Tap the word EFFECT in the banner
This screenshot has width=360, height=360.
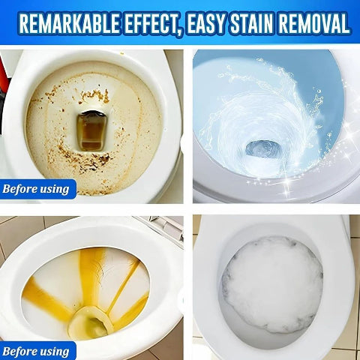pyautogui.click(x=163, y=24)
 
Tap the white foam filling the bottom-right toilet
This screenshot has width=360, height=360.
pyautogui.click(x=271, y=285)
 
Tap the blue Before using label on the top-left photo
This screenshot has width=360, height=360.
pyautogui.click(x=37, y=188)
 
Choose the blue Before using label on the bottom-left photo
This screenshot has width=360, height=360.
pyautogui.click(x=37, y=351)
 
